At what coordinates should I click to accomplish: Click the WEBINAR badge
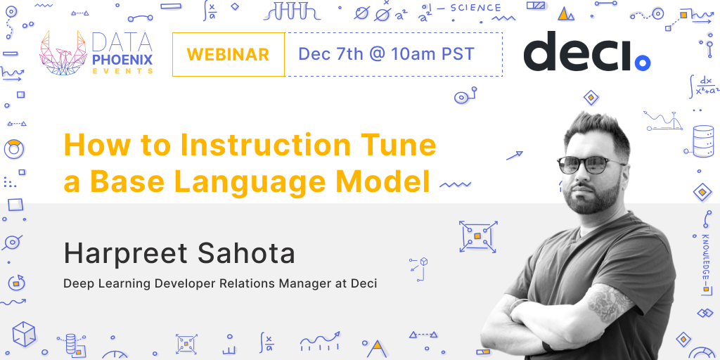point(228,54)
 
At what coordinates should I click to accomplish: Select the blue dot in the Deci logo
point(642,63)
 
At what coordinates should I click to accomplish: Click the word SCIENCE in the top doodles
point(475,9)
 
